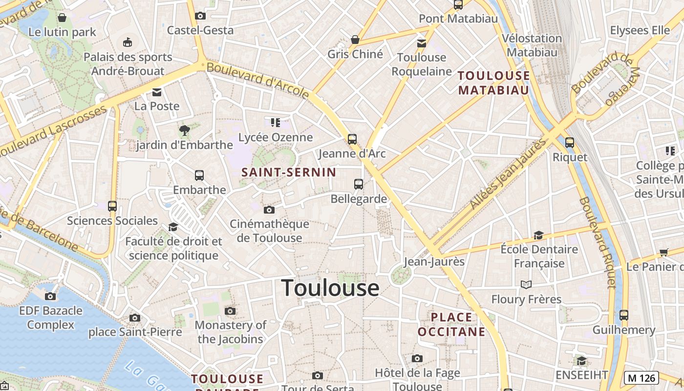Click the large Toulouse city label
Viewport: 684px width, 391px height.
pyautogui.click(x=330, y=288)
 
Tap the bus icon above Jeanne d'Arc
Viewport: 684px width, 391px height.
pyautogui.click(x=352, y=139)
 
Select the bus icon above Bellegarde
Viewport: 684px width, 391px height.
pyautogui.click(x=359, y=184)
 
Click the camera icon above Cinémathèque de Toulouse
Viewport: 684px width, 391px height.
pyautogui.click(x=269, y=210)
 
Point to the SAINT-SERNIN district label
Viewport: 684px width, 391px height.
pyautogui.click(x=289, y=172)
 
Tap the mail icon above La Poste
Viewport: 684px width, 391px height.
pyautogui.click(x=157, y=92)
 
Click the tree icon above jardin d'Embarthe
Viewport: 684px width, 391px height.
pyautogui.click(x=184, y=130)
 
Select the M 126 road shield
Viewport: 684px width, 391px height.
pyautogui.click(x=641, y=378)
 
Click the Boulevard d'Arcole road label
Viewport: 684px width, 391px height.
pyautogui.click(x=257, y=79)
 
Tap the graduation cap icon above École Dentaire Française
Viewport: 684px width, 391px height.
pyautogui.click(x=538, y=235)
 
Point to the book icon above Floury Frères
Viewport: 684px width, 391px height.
pyautogui.click(x=526, y=284)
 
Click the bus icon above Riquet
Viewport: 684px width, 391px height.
pyautogui.click(x=570, y=143)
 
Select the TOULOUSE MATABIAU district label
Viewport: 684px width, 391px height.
pyautogui.click(x=494, y=83)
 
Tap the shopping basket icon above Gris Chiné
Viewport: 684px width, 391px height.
pyautogui.click(x=355, y=40)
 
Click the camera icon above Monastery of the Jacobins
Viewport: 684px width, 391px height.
pyautogui.click(x=230, y=311)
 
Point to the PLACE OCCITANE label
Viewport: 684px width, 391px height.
pyautogui.click(x=452, y=325)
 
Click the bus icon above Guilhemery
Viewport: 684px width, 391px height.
pyautogui.click(x=624, y=315)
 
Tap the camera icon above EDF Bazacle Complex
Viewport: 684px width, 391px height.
pyautogui.click(x=50, y=296)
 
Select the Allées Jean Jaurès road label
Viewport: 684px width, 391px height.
pyautogui.click(x=508, y=174)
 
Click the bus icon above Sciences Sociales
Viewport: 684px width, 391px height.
pyautogui.click(x=112, y=206)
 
